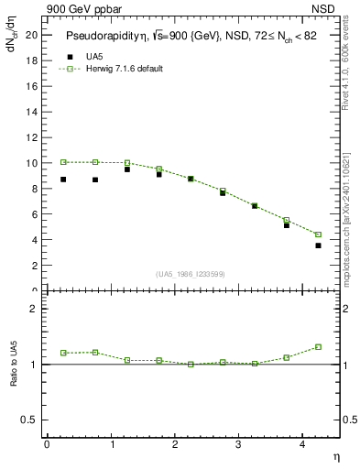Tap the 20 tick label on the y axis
pyautogui.click(x=31, y=35)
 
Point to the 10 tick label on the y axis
pyautogui.click(x=31, y=163)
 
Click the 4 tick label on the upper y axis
pyautogui.click(x=34, y=240)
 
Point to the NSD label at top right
pyautogui.click(x=323, y=8)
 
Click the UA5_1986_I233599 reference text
pyautogui.click(x=191, y=274)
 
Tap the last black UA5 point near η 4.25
pyautogui.click(x=318, y=245)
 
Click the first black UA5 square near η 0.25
pyautogui.click(x=63, y=180)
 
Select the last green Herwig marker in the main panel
pyautogui.click(x=318, y=234)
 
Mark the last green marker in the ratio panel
pyautogui.click(x=318, y=347)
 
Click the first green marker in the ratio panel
pyautogui.click(x=63, y=353)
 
